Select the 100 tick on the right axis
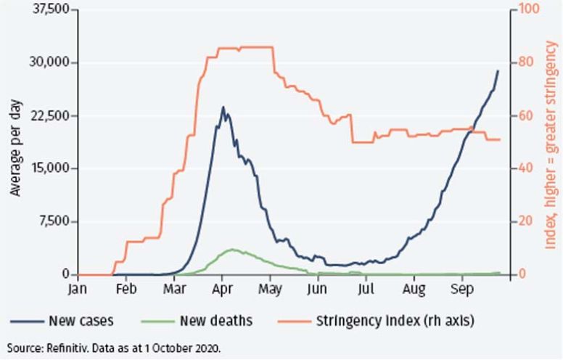point(527,10)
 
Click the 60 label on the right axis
point(525,116)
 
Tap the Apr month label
point(222,287)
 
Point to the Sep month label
point(461,287)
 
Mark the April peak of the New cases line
point(223,107)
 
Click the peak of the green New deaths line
point(231,249)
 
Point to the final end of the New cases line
point(498,70)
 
